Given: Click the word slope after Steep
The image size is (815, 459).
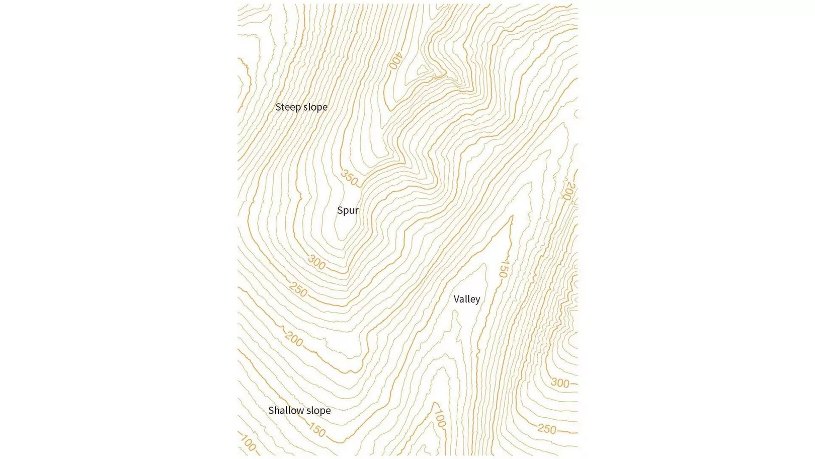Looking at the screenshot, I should coord(315,107).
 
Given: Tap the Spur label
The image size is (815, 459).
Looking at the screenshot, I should coord(348,210).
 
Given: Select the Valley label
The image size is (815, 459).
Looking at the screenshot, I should coord(466,299).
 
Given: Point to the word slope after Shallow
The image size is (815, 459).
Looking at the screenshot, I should coord(318,410).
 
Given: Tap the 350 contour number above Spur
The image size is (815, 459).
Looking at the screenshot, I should coord(350,178).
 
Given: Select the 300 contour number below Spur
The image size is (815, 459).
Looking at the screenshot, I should coord(316,262).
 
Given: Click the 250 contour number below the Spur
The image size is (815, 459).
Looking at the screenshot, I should coord(298,290).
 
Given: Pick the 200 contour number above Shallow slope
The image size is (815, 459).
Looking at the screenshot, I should coord(294,340).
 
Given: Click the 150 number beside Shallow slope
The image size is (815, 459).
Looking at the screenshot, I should coord(317,429).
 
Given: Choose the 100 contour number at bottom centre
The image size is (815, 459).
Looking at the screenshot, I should coord(439,418).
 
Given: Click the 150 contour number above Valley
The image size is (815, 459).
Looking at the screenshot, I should coord(503,269).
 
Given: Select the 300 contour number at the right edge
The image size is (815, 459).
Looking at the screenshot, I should coord(559,383).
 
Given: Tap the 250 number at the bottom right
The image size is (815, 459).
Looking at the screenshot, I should coord(546,429).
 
